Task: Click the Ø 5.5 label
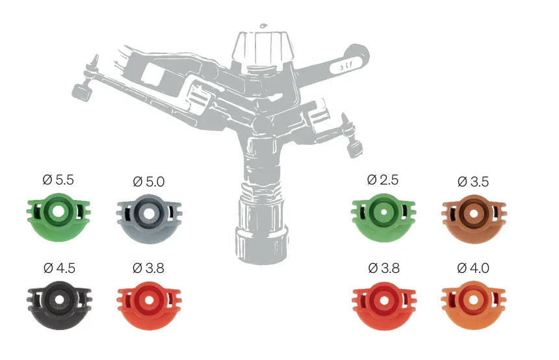point(58,179)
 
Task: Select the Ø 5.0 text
point(149,182)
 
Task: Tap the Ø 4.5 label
point(60,268)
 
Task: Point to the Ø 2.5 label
point(383,179)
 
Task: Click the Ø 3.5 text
point(473,182)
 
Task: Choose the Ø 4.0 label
point(473,268)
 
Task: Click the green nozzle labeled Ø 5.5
point(58,217)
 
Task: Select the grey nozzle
point(149,218)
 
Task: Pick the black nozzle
point(60,305)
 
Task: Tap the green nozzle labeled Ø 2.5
point(383,217)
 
